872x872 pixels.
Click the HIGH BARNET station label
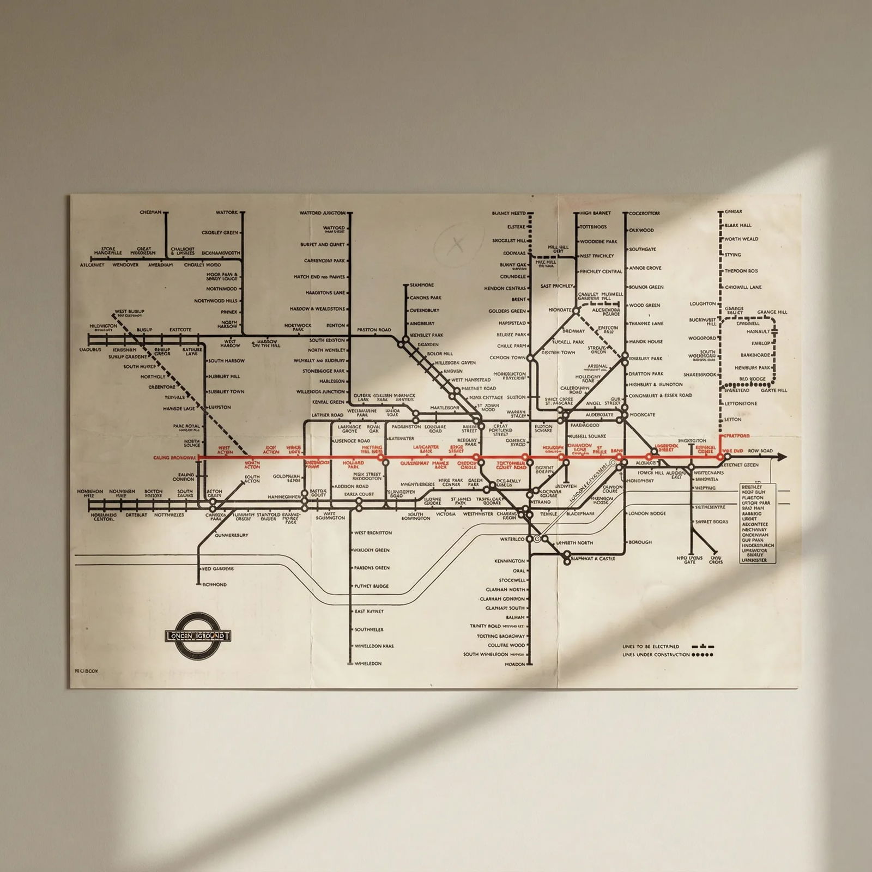click(x=595, y=213)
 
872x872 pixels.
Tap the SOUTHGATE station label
click(x=643, y=249)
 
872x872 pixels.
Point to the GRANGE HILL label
click(x=772, y=312)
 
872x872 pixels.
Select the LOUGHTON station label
click(x=703, y=304)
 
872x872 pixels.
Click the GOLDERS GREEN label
click(x=507, y=311)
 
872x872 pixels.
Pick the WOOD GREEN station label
click(x=644, y=305)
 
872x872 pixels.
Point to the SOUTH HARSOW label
click(x=226, y=361)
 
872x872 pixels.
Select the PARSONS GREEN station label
click(x=372, y=568)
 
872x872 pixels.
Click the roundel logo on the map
click(x=198, y=635)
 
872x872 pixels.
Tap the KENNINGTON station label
click(x=510, y=561)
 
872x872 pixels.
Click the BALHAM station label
click(x=515, y=617)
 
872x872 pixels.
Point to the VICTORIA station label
click(x=445, y=514)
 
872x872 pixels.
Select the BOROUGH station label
click(x=640, y=542)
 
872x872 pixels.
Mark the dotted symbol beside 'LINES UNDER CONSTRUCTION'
click(x=703, y=655)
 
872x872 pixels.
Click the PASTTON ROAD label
click(x=374, y=330)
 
